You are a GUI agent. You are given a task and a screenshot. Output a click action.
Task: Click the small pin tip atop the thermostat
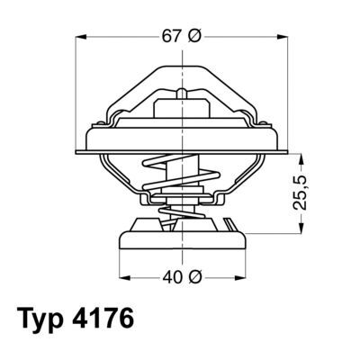(183, 93)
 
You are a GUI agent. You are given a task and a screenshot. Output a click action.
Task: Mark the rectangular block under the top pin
(183, 111)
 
